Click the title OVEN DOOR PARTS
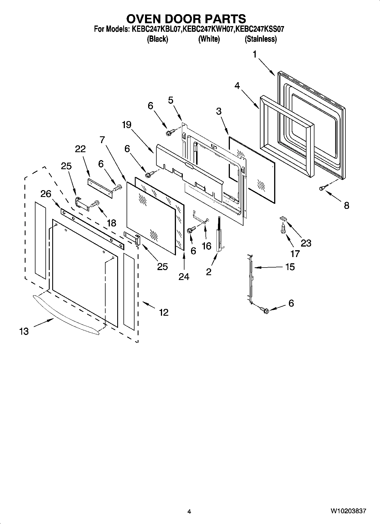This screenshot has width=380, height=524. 186,19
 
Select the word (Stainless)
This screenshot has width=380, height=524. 261,39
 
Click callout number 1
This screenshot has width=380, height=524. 255,54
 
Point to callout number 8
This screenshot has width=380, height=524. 346,205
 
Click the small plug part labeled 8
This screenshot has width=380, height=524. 322,188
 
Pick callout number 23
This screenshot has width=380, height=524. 306,243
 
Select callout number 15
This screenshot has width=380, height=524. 290,267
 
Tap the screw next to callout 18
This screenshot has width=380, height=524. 96,204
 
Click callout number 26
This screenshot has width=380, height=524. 46,194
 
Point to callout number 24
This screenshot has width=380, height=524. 184,276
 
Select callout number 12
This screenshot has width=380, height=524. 164,312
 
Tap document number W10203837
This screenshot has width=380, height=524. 348,512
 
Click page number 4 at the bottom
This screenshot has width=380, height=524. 189,512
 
